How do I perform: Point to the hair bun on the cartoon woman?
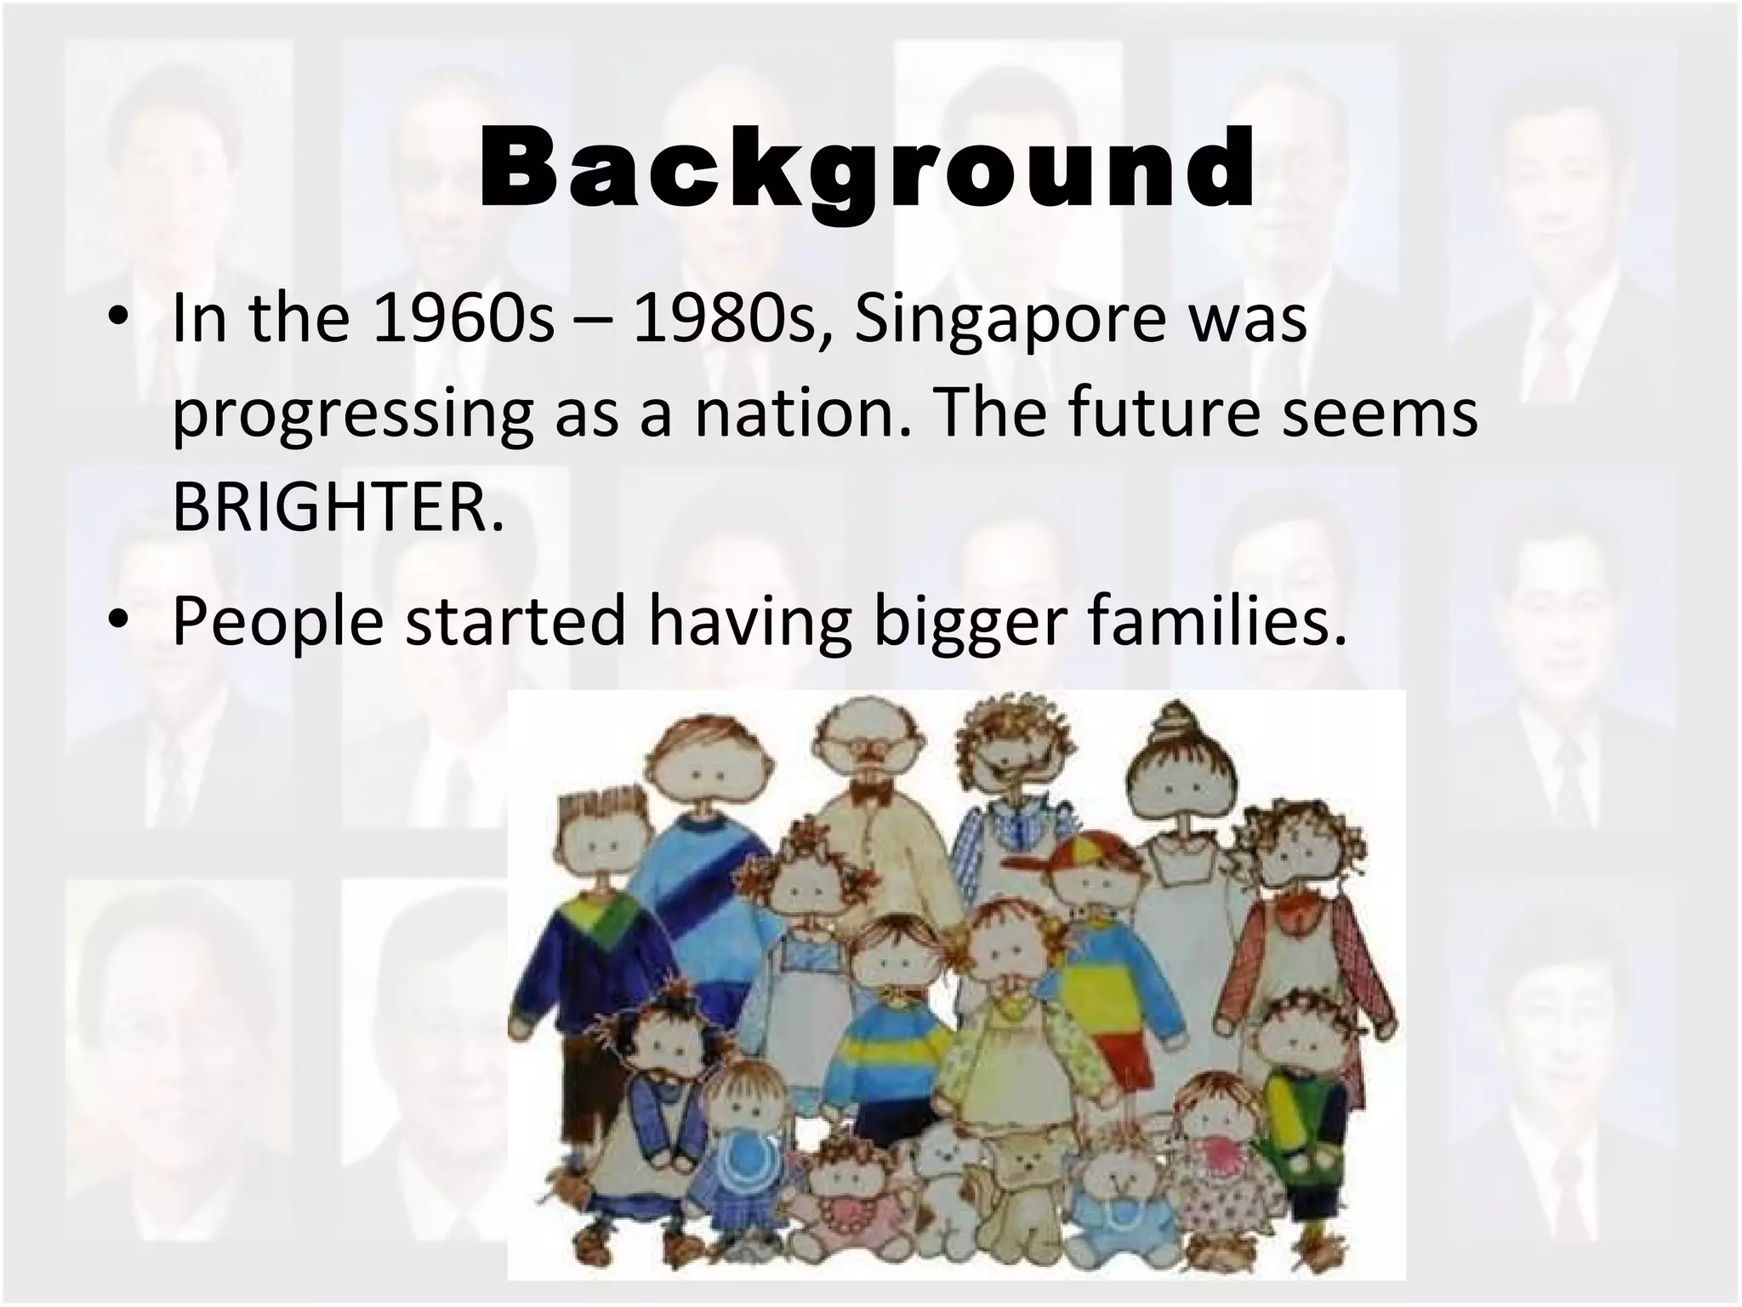(x=1177, y=723)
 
